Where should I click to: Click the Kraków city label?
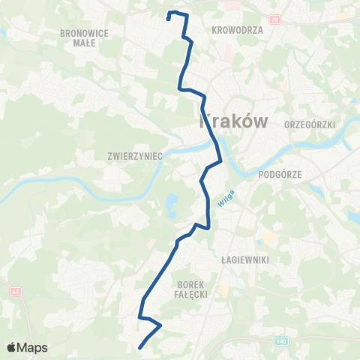[x=232, y=121]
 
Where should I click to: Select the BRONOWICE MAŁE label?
[x=88, y=37]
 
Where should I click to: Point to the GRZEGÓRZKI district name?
[x=310, y=124]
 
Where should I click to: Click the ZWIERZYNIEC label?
[x=135, y=157]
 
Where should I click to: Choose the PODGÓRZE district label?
[x=279, y=174]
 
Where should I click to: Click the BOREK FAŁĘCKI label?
[x=193, y=289]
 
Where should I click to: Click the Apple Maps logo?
[x=27, y=347]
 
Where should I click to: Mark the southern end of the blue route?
[x=140, y=346]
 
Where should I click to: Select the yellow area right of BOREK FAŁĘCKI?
[x=223, y=289]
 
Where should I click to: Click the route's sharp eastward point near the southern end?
[x=160, y=326]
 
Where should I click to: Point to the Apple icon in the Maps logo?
[x=11, y=347]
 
